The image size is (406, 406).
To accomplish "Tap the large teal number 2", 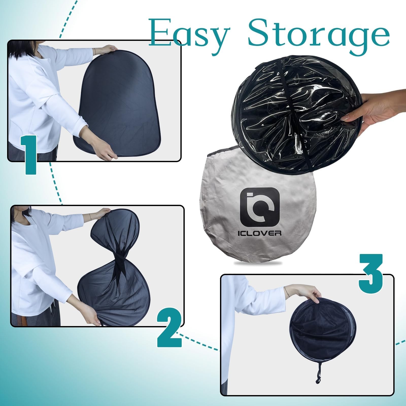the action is [170, 326].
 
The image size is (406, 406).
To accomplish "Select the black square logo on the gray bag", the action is [260, 207].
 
